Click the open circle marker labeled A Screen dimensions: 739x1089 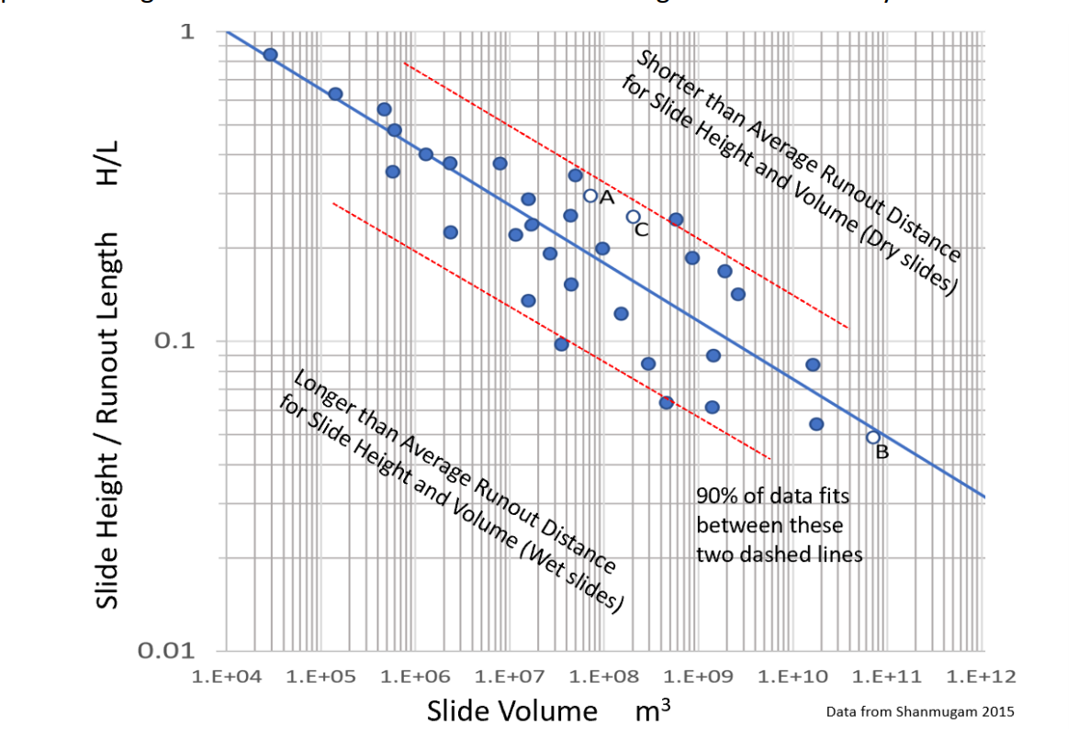[590, 196]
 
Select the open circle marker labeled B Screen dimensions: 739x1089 [873, 437]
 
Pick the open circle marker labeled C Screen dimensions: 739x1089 [633, 217]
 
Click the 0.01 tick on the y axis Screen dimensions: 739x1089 [168, 651]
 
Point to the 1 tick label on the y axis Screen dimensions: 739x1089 [187, 31]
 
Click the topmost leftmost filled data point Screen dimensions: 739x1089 [270, 54]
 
